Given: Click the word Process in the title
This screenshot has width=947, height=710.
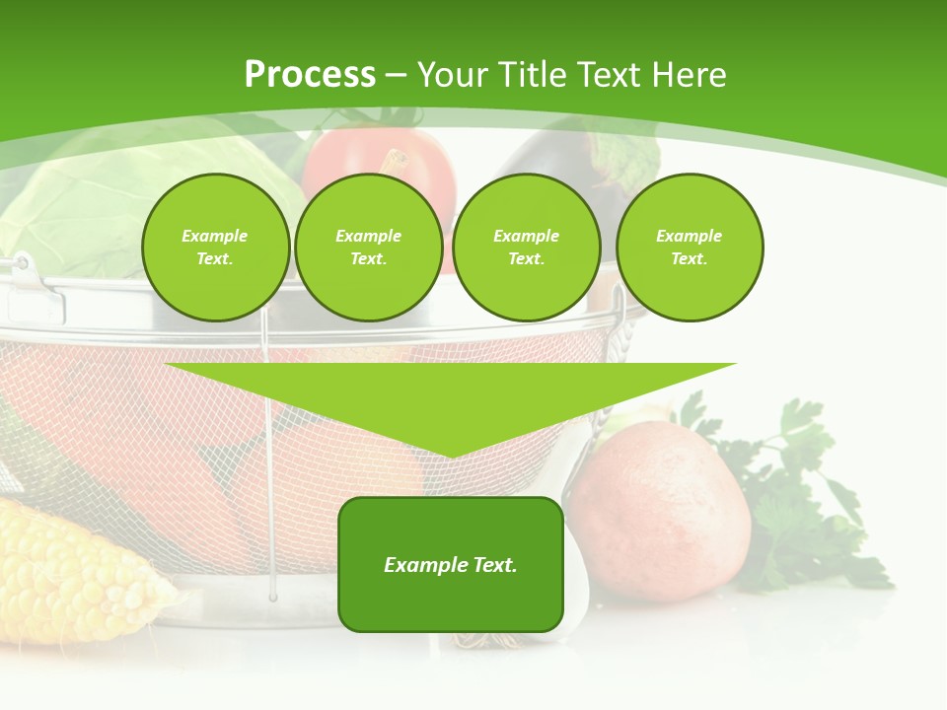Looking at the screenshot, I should click(310, 75).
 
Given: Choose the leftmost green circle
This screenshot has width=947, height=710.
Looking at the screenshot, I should click(215, 248).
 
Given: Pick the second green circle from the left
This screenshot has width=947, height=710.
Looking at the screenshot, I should click(369, 248).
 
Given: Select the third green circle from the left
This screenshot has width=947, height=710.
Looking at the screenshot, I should click(527, 248).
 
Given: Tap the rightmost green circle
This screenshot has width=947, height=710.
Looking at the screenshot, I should click(690, 248).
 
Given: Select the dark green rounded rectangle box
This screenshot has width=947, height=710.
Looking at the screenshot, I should click(451, 564).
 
